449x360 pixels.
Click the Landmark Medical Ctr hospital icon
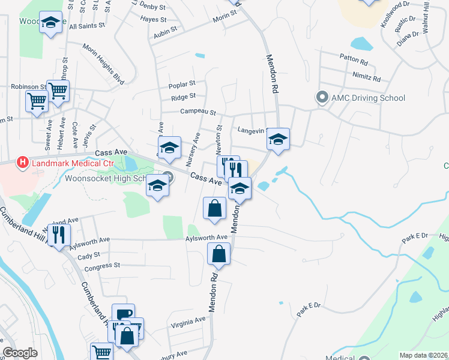23,162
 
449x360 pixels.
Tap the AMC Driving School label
369,98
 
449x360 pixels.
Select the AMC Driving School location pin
322,97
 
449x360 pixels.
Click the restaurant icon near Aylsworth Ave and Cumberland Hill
59,234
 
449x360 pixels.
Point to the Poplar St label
184,84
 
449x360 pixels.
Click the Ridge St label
183,97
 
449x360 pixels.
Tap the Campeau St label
197,112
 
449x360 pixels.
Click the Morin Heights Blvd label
103,64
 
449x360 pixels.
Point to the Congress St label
103,265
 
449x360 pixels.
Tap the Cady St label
89,256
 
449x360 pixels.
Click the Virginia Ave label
188,321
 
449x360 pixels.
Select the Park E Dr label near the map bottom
309,310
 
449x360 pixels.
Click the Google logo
20,353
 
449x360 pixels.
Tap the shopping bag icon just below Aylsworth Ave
219,254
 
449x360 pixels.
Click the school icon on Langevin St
278,139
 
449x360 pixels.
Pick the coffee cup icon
123,314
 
